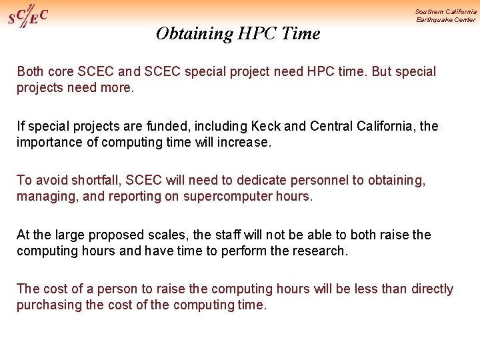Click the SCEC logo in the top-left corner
(x=27, y=16)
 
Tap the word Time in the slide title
(x=301, y=33)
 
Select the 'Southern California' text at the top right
(x=445, y=11)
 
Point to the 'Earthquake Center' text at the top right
(x=445, y=20)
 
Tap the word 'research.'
(x=320, y=251)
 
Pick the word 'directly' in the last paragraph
(x=432, y=289)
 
